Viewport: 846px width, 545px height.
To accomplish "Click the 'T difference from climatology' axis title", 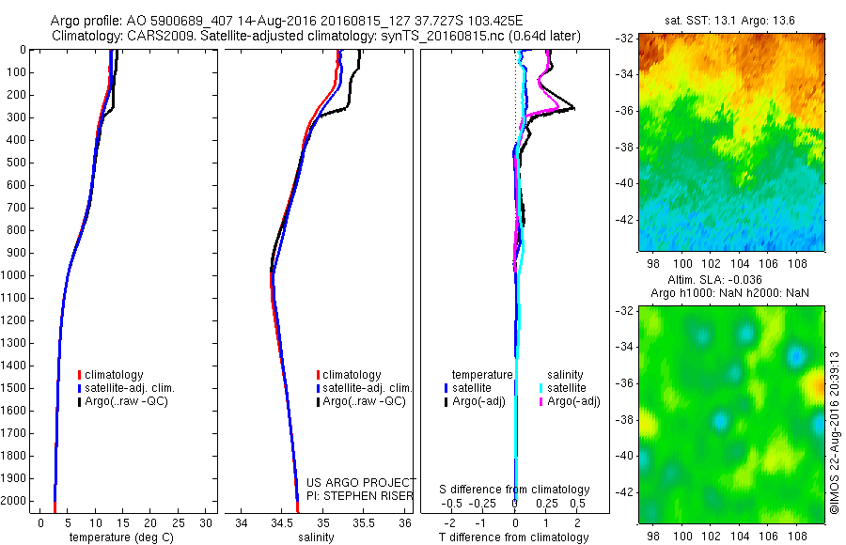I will tap(513, 537).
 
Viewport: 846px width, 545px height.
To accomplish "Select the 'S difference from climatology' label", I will tap(515, 490).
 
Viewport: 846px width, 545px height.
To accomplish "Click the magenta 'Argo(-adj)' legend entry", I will tap(572, 401).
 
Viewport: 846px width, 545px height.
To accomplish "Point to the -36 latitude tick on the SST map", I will tap(627, 110).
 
